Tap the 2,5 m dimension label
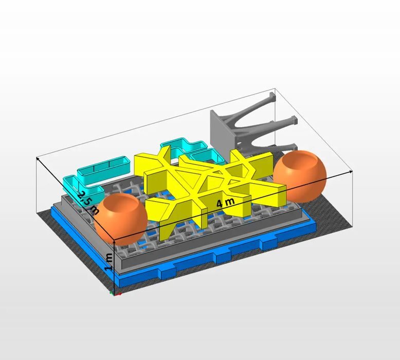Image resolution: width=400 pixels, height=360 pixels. (x=88, y=203)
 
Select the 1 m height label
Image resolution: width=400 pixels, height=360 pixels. (x=109, y=262)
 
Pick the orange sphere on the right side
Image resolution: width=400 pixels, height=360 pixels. (x=300, y=176)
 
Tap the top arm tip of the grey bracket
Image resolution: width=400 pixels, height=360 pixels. (x=273, y=97)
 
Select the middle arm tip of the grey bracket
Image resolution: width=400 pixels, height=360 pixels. (x=294, y=120)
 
